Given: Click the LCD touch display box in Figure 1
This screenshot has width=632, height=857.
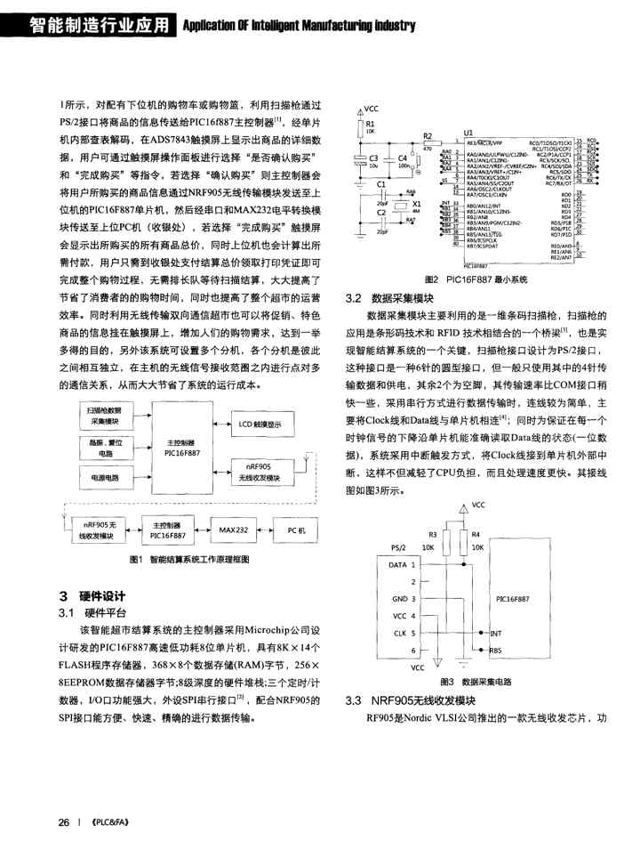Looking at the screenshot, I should coord(266,425).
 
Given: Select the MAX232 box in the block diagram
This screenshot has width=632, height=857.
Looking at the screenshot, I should coord(235,530).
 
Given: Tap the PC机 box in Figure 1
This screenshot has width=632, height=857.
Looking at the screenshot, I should coord(297,530).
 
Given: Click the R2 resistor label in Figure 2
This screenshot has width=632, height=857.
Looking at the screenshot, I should coord(428,136).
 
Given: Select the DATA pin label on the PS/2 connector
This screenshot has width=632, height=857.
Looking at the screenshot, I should coord(397,564).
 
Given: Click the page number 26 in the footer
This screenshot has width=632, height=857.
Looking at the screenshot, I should coord(64,822).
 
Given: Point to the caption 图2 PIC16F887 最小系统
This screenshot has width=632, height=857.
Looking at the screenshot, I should coord(475,279).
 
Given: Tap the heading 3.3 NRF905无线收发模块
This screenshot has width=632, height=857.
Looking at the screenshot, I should coord(415,700).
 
